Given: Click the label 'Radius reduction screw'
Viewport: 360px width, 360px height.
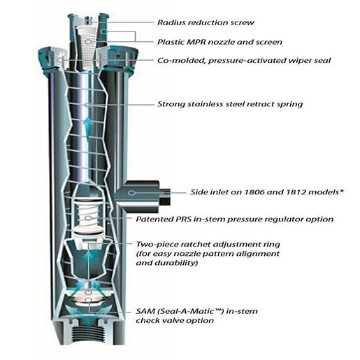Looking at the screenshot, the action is pyautogui.click(x=206, y=22).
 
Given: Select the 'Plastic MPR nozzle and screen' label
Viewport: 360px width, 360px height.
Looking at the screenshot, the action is pyautogui.click(x=219, y=42).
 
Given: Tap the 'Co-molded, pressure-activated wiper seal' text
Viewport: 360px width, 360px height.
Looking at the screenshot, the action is pyautogui.click(x=244, y=61).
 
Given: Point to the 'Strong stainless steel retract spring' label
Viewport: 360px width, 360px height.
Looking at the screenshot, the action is pyautogui.click(x=230, y=104).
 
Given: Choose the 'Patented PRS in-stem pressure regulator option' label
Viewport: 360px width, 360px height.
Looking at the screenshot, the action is pyautogui.click(x=235, y=219).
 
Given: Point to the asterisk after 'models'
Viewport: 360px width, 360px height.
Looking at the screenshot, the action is pyautogui.click(x=342, y=191).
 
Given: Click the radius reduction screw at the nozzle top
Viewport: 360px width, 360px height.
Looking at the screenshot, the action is pyautogui.click(x=88, y=20).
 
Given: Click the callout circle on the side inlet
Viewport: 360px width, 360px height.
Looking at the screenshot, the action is pyautogui.click(x=131, y=193).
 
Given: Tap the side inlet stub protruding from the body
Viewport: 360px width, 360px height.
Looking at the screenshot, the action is pyautogui.click(x=142, y=196).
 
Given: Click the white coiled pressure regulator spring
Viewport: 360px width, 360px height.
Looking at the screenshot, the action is pyautogui.click(x=88, y=216).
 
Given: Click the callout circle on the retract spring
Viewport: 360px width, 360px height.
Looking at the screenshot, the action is pyautogui.click(x=88, y=106).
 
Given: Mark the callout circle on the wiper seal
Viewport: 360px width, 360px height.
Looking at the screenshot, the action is pyautogui.click(x=60, y=61).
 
